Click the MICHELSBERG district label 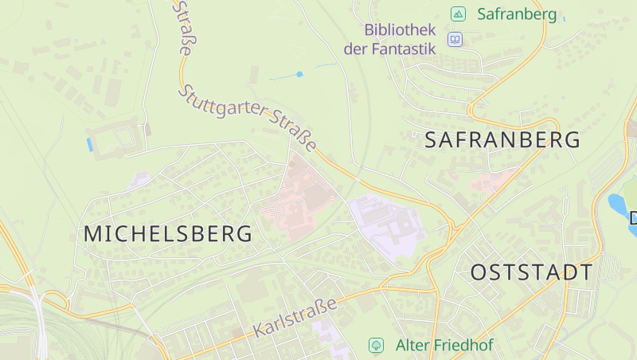[168, 234]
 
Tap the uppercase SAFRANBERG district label [502, 141]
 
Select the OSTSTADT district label [531, 272]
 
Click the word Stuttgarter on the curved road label [225, 108]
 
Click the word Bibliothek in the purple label [401, 30]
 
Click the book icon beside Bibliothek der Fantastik [455, 39]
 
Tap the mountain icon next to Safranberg [458, 14]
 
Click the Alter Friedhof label [444, 346]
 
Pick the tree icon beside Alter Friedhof [376, 346]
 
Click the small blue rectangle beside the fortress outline [89, 144]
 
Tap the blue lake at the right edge [618, 205]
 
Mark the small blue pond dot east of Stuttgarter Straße [299, 74]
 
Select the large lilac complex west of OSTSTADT [385, 225]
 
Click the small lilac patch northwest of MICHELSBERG [139, 180]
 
